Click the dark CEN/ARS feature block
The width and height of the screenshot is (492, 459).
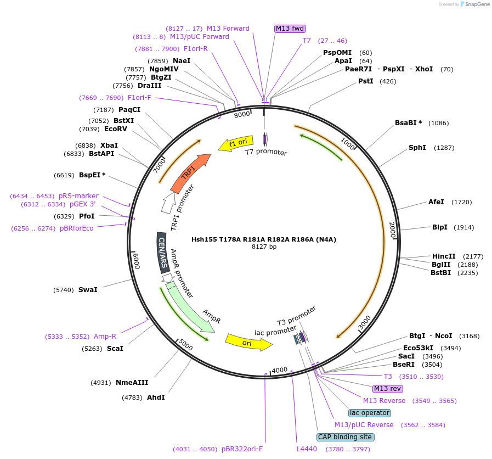click(162, 252)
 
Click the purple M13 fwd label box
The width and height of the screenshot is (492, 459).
click(290, 29)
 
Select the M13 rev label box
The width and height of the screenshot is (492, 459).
click(388, 389)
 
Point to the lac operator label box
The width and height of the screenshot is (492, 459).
click(370, 413)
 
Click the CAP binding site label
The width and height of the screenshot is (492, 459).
click(346, 437)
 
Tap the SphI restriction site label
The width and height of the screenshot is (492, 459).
click(417, 148)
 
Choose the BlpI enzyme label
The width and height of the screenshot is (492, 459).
click(440, 227)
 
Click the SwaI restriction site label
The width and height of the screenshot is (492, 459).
click(88, 289)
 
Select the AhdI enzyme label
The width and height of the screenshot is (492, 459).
click(156, 397)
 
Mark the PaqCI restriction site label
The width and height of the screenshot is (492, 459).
click(129, 110)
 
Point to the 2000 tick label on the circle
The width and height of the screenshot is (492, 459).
click(392, 229)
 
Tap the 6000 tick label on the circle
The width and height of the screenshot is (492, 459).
click(137, 260)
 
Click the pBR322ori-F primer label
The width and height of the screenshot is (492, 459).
click(242, 449)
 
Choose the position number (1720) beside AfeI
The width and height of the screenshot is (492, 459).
click(461, 202)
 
